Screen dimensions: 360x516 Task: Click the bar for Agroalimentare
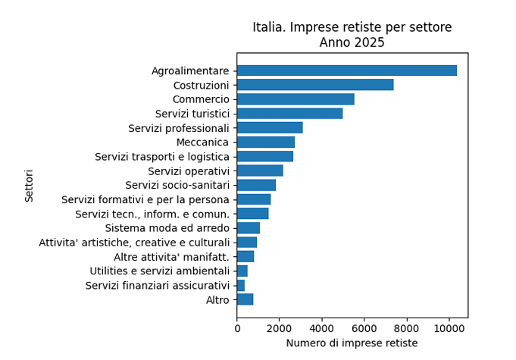pyautogui.click(x=346, y=70)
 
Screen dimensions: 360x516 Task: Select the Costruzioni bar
pyautogui.click(x=315, y=85)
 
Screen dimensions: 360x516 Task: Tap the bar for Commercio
pyautogui.click(x=296, y=99)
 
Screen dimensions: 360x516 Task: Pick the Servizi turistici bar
pyautogui.click(x=289, y=114)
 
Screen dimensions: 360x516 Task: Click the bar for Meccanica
pyautogui.click(x=265, y=142)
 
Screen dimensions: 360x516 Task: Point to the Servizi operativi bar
pyautogui.click(x=260, y=171)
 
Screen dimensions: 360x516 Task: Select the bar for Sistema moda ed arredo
pyautogui.click(x=249, y=228)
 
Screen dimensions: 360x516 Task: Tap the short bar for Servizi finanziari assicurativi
pyautogui.click(x=241, y=286)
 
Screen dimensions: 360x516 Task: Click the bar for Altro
pyautogui.click(x=245, y=300)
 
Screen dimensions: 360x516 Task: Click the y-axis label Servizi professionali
pyautogui.click(x=179, y=128)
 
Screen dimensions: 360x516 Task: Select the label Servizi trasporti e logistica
pyautogui.click(x=162, y=157)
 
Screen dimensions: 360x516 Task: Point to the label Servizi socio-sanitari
pyautogui.click(x=177, y=185)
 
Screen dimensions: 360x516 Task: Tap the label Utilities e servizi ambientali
pyautogui.click(x=159, y=271)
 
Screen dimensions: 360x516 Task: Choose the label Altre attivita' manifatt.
pyautogui.click(x=171, y=257)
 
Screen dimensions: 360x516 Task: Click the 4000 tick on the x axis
pyautogui.click(x=322, y=328)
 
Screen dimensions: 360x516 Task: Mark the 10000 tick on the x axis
pyautogui.click(x=449, y=328)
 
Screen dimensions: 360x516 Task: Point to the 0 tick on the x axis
pyautogui.click(x=237, y=328)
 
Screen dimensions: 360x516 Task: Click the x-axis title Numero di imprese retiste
pyautogui.click(x=352, y=343)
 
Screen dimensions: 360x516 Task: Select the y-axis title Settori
pyautogui.click(x=30, y=186)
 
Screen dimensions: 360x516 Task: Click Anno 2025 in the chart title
pyautogui.click(x=352, y=43)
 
